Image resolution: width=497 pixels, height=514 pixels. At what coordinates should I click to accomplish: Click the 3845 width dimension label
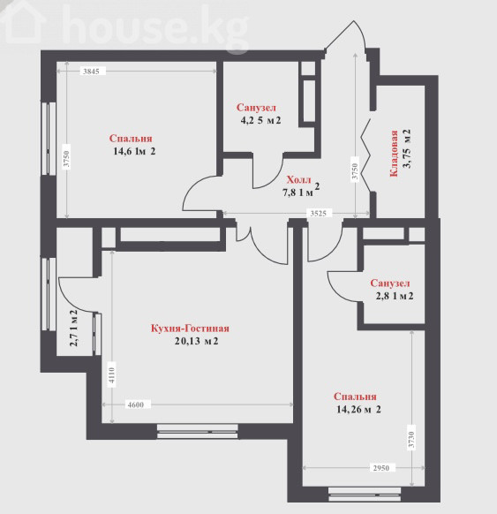pos(91,72)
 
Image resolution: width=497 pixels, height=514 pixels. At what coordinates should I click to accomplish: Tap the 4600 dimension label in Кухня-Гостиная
pos(136,404)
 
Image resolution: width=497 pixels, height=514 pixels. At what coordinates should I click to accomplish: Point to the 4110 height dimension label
pos(112,375)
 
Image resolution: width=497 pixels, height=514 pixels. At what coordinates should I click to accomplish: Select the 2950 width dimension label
pos(381,467)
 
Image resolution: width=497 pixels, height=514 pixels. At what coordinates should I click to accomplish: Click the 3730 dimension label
pos(412,440)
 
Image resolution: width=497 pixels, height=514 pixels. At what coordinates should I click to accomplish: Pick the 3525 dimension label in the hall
pos(319,214)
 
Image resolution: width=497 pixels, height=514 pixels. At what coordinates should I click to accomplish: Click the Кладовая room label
pos(394,154)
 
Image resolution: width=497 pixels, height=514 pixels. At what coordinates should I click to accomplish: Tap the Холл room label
pos(298,179)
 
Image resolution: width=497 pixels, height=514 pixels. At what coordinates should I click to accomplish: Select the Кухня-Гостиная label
pos(190,329)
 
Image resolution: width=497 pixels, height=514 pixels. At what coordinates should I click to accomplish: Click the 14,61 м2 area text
pos(134,151)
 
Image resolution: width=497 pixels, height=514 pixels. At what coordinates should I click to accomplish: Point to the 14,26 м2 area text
pos(358,410)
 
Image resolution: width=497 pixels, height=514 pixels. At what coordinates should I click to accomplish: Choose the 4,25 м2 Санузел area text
pos(260,120)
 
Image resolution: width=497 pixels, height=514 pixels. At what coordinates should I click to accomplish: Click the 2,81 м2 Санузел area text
pos(395,296)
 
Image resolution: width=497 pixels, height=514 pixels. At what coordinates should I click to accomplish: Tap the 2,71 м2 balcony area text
pos(74,329)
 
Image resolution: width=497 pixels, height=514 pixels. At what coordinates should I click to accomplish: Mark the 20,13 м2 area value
pos(196,341)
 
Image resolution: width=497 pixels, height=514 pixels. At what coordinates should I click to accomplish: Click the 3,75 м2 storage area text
pos(407,148)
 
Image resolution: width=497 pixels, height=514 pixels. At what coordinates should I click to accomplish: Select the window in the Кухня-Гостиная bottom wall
pos(197,431)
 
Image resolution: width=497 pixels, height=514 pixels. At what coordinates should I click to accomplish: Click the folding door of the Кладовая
pos(366,154)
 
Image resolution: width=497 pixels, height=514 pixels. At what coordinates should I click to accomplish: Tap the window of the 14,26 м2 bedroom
pos(365,495)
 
